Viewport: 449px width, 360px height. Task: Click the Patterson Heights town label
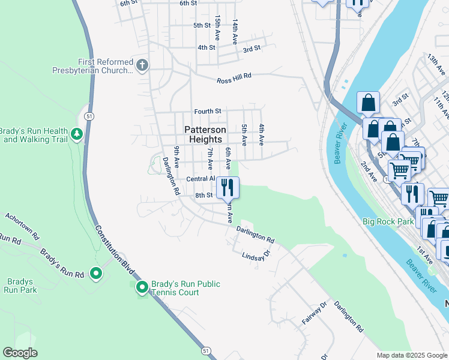click(x=205, y=134)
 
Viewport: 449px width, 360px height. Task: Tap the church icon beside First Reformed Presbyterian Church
click(x=142, y=65)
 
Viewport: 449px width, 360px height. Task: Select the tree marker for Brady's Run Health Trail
click(x=76, y=133)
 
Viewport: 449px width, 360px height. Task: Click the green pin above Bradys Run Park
click(x=96, y=274)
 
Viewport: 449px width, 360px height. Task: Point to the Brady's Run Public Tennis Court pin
click(x=142, y=288)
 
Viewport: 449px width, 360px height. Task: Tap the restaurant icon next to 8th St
click(x=228, y=187)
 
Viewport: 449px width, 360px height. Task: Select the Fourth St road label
click(x=208, y=111)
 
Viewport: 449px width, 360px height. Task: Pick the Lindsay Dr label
click(x=256, y=256)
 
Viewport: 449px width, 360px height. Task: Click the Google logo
click(x=20, y=353)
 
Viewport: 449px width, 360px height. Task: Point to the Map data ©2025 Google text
click(x=411, y=355)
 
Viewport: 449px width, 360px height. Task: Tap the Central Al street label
click(x=200, y=179)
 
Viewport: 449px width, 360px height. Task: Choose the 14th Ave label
click(x=236, y=30)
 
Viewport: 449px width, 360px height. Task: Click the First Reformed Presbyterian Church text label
click(x=105, y=66)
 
